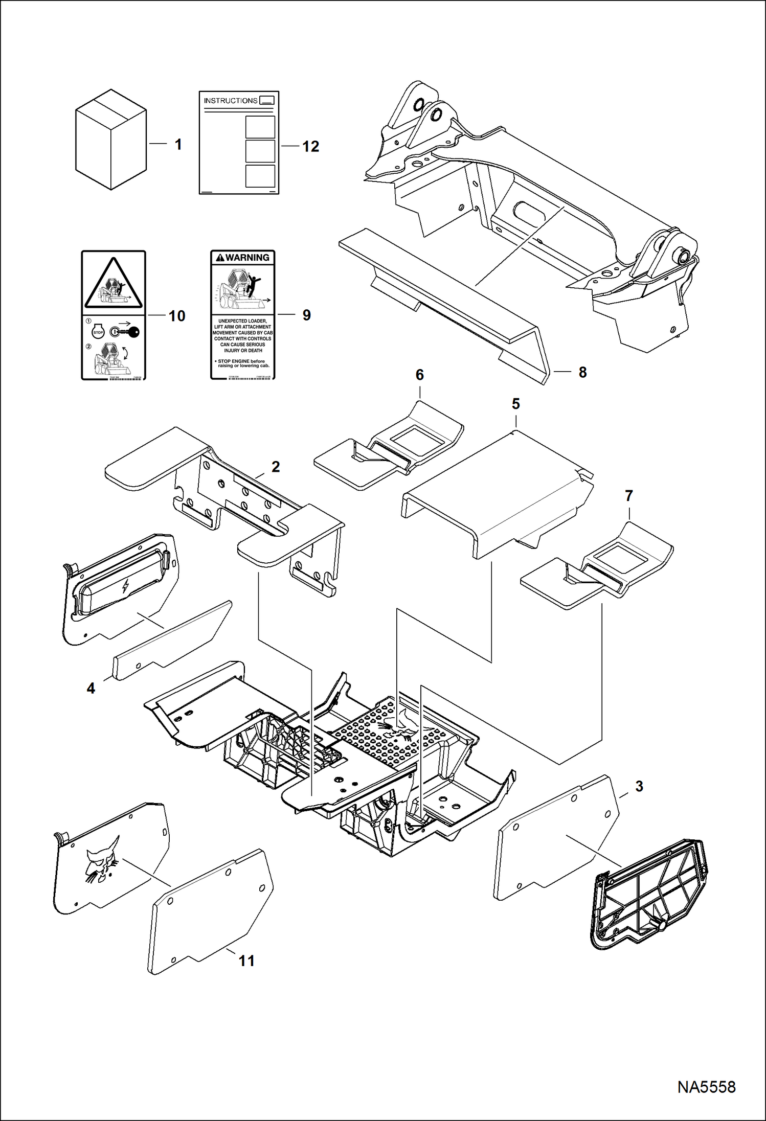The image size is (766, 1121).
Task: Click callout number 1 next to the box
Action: (178, 145)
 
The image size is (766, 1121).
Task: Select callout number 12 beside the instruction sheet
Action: (310, 147)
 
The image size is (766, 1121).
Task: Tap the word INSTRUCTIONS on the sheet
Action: (231, 101)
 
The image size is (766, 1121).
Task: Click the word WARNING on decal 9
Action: (247, 258)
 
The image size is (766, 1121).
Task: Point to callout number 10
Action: (177, 316)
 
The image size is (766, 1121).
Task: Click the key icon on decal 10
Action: (130, 332)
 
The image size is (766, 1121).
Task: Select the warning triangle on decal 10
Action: (114, 284)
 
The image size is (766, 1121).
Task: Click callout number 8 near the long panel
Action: (582, 373)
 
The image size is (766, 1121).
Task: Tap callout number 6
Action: (419, 375)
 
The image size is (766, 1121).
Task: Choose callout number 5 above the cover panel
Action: (515, 404)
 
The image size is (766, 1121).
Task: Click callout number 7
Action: (628, 496)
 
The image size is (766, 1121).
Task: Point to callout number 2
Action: (276, 467)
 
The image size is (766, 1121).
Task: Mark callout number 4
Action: (91, 689)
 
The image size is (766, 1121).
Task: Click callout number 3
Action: (639, 786)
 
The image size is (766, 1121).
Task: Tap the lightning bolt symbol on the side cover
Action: (125, 586)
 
